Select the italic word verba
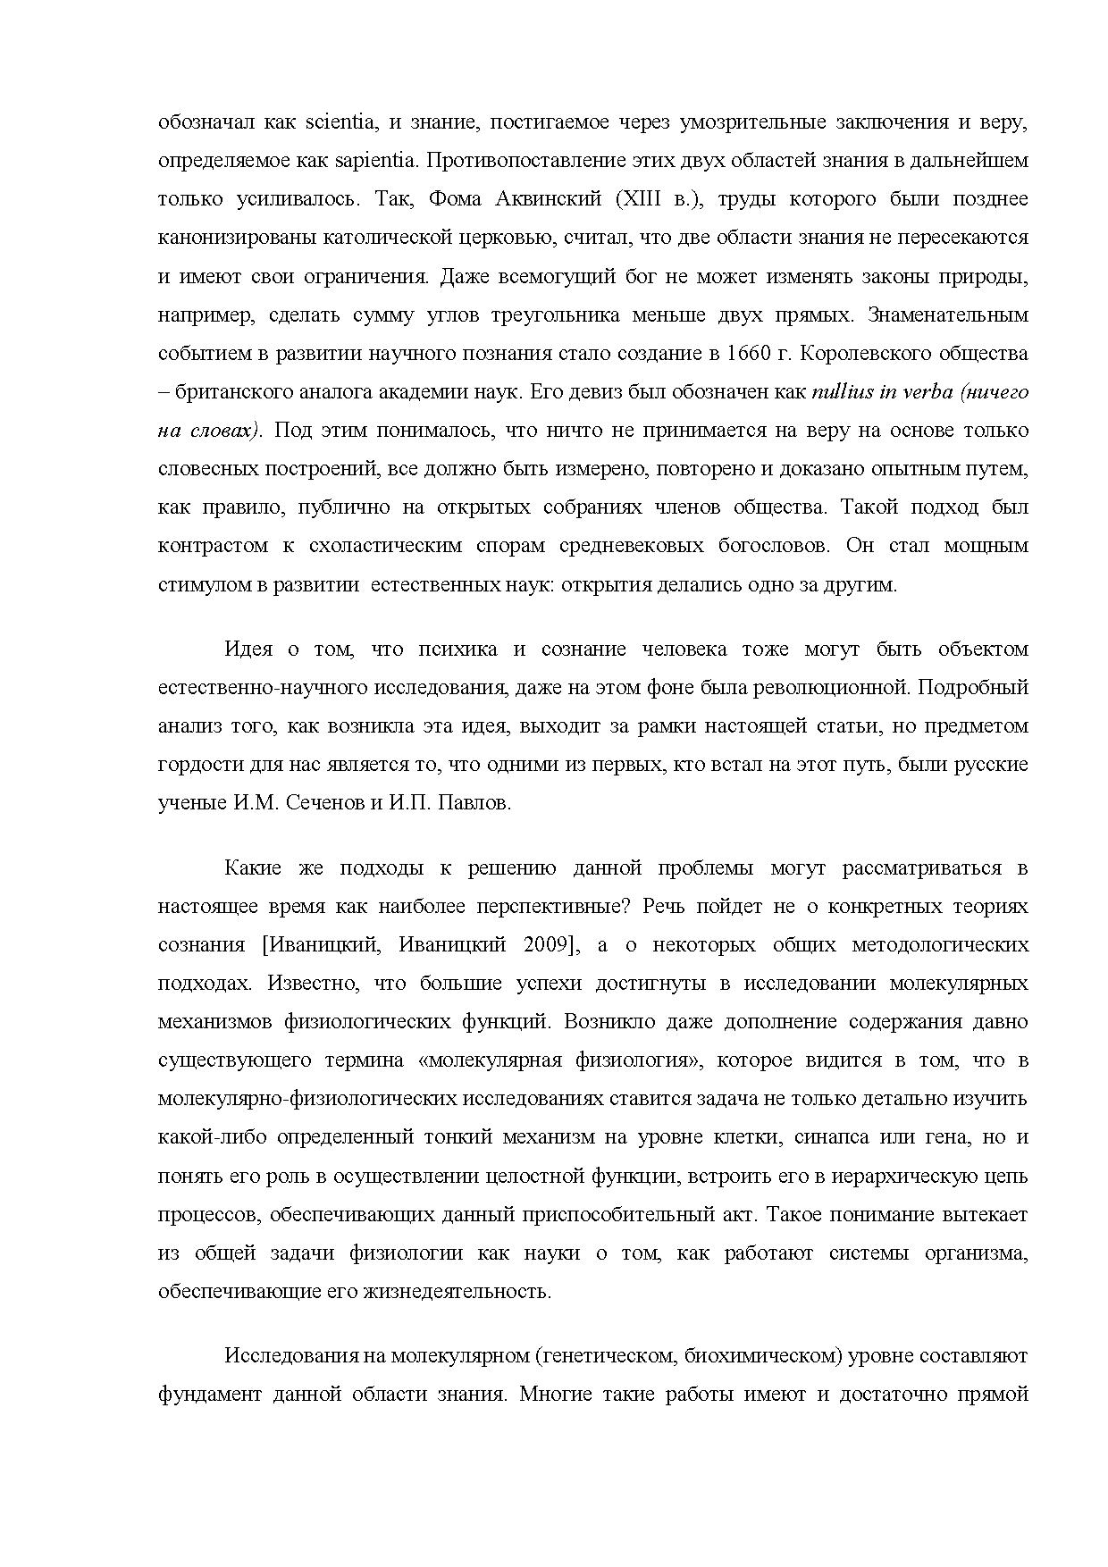(927, 391)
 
